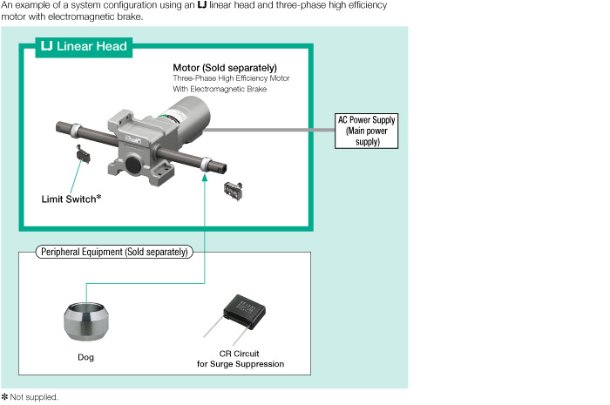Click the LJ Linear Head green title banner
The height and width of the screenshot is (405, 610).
pyautogui.click(x=84, y=46)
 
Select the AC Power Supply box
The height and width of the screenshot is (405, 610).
pyautogui.click(x=367, y=130)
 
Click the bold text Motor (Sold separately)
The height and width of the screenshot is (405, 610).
pyautogui.click(x=225, y=68)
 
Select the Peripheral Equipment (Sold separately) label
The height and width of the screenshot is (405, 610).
pyautogui.click(x=113, y=252)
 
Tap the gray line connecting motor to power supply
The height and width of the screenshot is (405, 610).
pyautogui.click(x=261, y=129)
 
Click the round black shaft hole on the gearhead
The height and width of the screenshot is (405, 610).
pyautogui.click(x=133, y=162)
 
